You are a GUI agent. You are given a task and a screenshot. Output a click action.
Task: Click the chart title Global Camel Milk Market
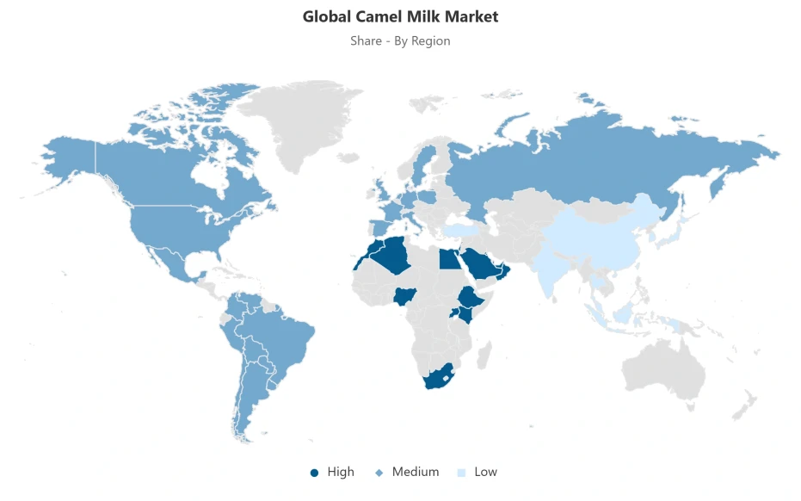[400, 16]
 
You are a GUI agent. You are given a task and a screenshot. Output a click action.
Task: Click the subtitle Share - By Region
[400, 40]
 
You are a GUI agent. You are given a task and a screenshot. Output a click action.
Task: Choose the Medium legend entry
[408, 472]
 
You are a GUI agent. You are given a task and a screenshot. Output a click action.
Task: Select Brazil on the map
[284, 336]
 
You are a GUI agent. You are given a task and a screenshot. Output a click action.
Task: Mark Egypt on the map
[449, 258]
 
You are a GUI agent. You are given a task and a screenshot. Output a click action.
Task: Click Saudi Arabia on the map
[482, 263]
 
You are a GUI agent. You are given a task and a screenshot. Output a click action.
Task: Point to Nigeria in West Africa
[405, 297]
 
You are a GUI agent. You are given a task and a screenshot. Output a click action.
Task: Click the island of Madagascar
[484, 354]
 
